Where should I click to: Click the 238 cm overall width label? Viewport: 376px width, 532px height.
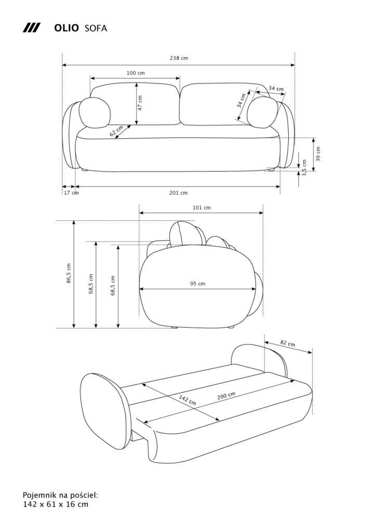pyautogui.click(x=179, y=58)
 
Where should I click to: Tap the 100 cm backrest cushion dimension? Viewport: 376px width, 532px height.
pyautogui.click(x=136, y=73)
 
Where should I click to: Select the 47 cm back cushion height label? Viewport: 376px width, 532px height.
pyautogui.click(x=140, y=102)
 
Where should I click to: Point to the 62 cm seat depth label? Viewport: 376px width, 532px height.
pyautogui.click(x=116, y=131)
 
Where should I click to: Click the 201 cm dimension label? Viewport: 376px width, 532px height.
pyautogui.click(x=178, y=193)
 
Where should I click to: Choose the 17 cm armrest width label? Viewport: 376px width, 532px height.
pyautogui.click(x=71, y=193)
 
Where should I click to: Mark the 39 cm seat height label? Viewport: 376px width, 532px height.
pyautogui.click(x=318, y=154)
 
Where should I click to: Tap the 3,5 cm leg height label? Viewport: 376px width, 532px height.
pyautogui.click(x=304, y=168)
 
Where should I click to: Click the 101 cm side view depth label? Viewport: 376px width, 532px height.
pyautogui.click(x=202, y=208)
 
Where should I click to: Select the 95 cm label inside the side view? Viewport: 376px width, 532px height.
pyautogui.click(x=198, y=283)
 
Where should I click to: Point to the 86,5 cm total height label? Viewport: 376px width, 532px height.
pyautogui.click(x=69, y=273)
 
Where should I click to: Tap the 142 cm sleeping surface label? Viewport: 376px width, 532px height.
pyautogui.click(x=187, y=400)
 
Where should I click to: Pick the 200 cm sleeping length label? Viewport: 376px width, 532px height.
pyautogui.click(x=226, y=396)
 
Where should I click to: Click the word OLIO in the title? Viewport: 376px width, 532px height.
pyautogui.click(x=66, y=28)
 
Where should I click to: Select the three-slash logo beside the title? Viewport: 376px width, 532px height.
pyautogui.click(x=32, y=28)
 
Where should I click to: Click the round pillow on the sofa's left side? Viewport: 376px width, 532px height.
pyautogui.click(x=95, y=113)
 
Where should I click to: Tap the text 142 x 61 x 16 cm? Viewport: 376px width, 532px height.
pyautogui.click(x=56, y=504)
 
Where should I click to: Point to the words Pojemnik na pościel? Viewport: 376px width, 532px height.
pyautogui.click(x=60, y=496)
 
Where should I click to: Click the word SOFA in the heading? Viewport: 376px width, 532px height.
pyautogui.click(x=96, y=28)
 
